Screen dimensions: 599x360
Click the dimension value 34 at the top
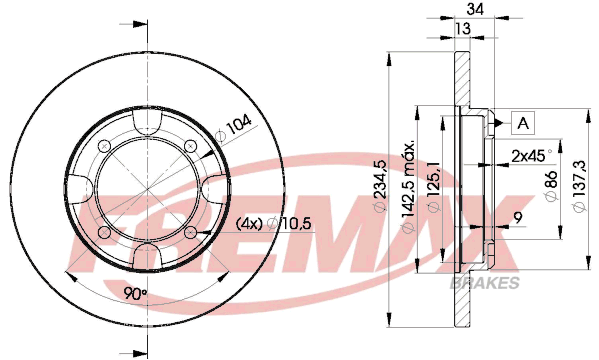point(475,8)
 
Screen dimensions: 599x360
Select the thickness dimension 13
point(463,29)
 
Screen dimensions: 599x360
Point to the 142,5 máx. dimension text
point(408,186)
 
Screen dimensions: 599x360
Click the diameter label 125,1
point(434,186)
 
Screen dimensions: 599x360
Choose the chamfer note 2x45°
point(532,156)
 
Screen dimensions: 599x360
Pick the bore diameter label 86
point(551,185)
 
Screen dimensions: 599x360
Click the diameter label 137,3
point(579,186)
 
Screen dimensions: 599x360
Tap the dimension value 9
point(518,217)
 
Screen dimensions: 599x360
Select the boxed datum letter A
point(523,123)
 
